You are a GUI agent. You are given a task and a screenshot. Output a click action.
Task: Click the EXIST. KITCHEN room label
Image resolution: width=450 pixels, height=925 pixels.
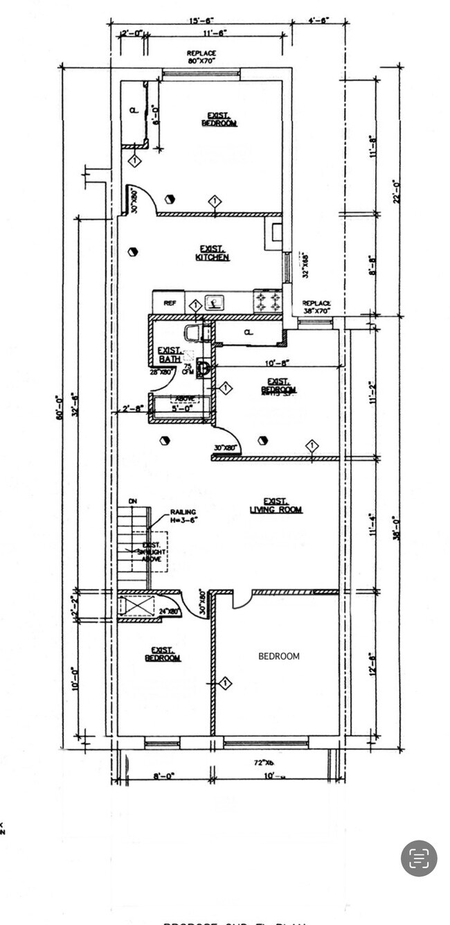[x=213, y=253]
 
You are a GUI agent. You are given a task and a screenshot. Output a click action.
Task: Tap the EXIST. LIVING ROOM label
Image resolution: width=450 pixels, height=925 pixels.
[x=276, y=506]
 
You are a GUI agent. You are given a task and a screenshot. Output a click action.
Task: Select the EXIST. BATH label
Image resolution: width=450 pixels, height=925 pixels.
[x=170, y=354]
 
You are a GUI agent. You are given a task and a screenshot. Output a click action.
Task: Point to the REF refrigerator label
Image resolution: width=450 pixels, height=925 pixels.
[x=169, y=303]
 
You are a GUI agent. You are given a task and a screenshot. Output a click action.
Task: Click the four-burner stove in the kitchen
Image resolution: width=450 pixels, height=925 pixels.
[x=269, y=301]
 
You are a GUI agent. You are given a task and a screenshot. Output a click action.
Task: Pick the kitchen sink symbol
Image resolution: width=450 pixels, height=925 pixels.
[x=215, y=302]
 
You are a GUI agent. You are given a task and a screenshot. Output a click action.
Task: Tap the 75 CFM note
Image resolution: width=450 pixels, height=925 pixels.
[x=188, y=368]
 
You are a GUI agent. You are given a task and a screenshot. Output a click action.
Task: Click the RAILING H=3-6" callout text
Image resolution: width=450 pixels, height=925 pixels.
[x=184, y=516]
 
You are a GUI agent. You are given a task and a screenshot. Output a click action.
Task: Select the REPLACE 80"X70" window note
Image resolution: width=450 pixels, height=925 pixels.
[x=201, y=57]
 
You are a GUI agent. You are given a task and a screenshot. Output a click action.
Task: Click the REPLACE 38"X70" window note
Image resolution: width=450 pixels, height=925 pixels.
[x=317, y=307]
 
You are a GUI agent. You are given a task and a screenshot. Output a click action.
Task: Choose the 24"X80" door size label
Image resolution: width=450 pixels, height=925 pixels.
[x=170, y=611]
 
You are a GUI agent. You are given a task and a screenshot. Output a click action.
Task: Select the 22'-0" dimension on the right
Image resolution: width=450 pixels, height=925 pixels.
[x=397, y=192]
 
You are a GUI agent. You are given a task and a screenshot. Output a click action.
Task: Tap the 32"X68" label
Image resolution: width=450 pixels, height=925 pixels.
[x=303, y=265]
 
